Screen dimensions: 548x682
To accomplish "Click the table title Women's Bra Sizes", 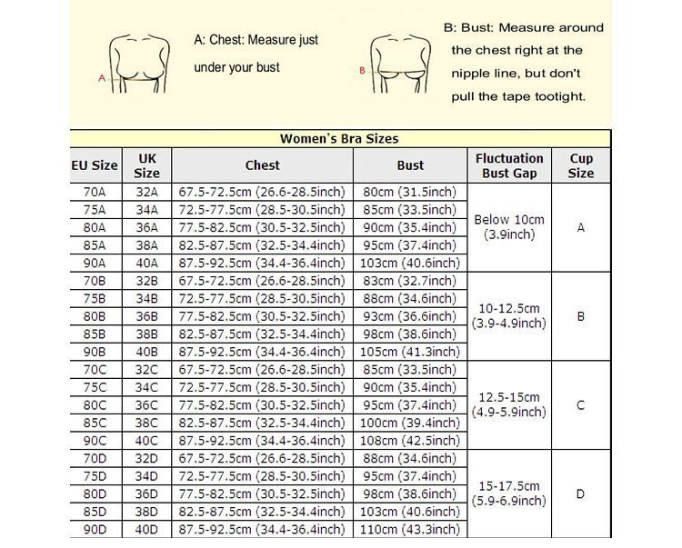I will point(339,139).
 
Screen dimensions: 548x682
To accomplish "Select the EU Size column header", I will point(95,165).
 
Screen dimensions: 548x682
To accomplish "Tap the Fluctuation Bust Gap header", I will point(509,165).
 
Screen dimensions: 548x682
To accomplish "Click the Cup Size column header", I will point(581,165).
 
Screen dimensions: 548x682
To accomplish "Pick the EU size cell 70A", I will point(95,192).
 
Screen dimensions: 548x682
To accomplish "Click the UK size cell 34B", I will point(146,299).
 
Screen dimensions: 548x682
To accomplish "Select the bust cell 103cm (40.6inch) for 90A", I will point(410,263).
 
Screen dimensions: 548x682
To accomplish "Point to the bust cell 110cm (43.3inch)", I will point(410,531).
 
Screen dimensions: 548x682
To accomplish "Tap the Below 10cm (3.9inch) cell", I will point(509,227).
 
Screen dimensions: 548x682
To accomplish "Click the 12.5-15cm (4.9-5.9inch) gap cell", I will point(509,405).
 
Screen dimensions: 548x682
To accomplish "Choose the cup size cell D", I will point(581,494).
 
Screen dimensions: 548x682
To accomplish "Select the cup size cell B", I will point(581,316).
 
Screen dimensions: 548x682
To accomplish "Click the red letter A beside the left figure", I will point(102,78).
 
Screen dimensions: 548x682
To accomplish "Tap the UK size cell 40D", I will point(146,531).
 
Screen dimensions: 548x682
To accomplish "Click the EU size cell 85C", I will point(95,423).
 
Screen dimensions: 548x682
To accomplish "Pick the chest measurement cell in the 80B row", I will point(262,316).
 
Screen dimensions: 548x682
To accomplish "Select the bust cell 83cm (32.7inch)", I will point(410,281).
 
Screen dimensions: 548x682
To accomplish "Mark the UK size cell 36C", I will point(146,405).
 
